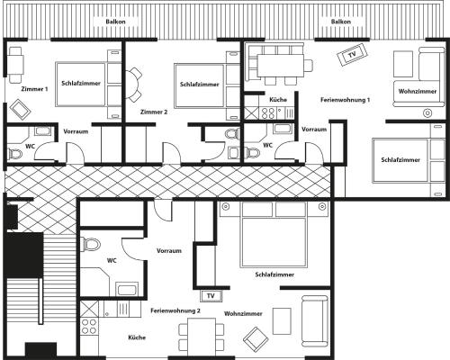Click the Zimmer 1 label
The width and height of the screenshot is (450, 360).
pos(34,89)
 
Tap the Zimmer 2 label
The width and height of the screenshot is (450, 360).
pos(154,112)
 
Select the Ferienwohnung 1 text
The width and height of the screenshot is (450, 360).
pos(345,100)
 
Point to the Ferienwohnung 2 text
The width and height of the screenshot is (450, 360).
pos(175,310)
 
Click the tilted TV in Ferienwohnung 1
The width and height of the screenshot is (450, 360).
pos(352,55)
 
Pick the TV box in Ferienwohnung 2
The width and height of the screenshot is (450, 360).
pos(211,296)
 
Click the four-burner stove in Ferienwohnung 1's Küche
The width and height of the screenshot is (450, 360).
pos(268,113)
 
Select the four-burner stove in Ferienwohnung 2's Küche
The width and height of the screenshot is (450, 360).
pos(89,327)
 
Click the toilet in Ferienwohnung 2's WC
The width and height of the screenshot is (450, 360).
pos(91,244)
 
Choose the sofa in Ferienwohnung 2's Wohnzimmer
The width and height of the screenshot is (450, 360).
pos(315,320)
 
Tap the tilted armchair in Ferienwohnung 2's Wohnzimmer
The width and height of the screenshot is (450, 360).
pos(256,339)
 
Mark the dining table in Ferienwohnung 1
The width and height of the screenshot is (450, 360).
pos(281,65)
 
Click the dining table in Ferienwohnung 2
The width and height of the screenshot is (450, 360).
pos(202,337)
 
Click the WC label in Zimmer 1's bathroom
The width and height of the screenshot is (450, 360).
pos(30,147)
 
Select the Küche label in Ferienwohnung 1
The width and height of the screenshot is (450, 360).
pos(278,100)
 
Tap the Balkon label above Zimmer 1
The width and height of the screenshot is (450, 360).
pos(115,22)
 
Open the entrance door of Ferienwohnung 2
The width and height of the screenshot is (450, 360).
pos(164,210)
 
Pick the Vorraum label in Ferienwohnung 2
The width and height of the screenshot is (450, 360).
pos(169,251)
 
